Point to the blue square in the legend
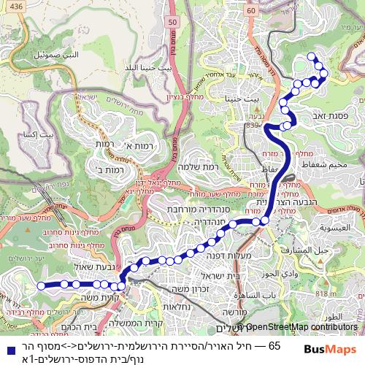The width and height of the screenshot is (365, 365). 7,346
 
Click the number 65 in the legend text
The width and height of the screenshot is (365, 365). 274,345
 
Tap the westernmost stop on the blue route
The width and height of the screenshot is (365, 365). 41,285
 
